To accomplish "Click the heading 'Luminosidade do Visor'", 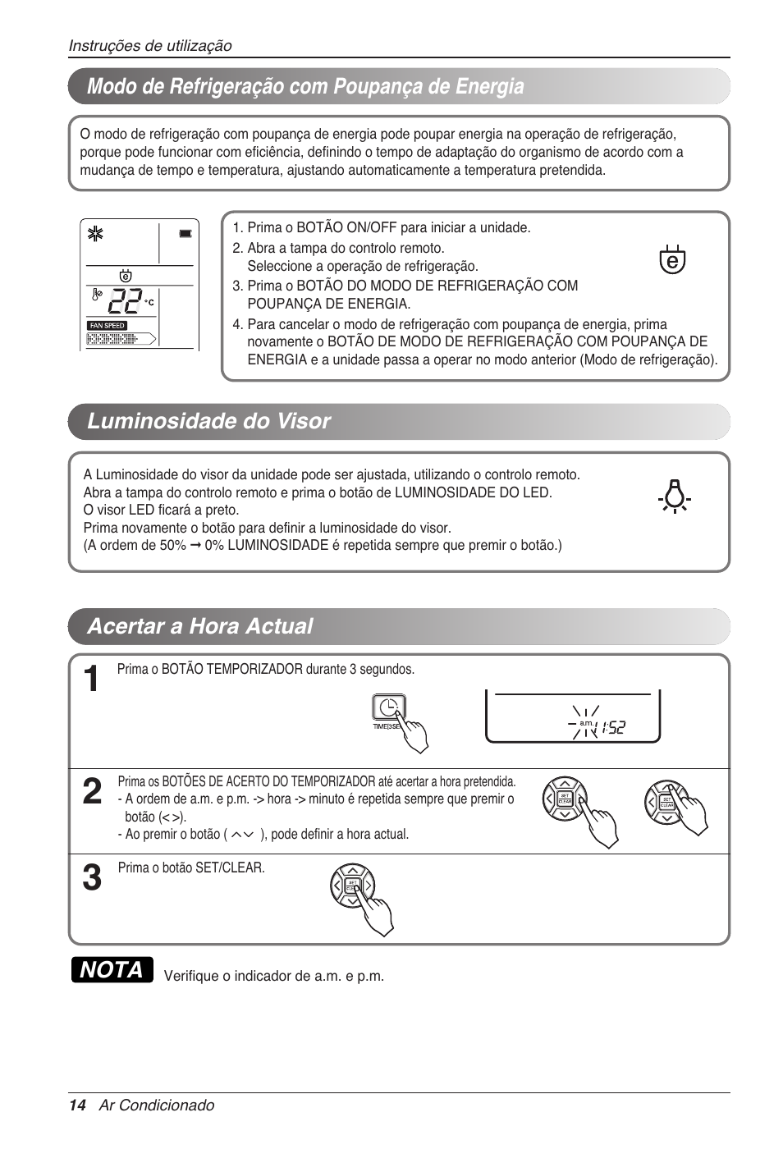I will point(208,421).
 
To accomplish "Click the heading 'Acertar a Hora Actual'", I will point(199,626).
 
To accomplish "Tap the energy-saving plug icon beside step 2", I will point(672,259).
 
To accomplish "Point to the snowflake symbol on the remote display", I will point(95,235).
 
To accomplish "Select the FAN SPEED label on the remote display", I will point(108,326).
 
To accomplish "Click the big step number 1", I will point(93,680).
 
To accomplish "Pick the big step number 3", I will point(93,878).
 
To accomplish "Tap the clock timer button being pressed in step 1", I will point(387,708).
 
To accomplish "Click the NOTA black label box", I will point(112,970).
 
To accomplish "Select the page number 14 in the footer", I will point(77,1106).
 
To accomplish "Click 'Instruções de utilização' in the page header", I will point(150,46).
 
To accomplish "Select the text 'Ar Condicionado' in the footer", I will point(157,1106).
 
